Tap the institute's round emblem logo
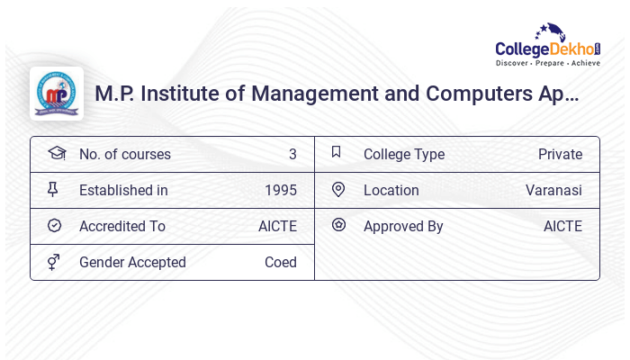57,94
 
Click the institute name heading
337,94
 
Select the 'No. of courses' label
124,154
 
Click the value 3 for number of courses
292,154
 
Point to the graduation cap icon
56,153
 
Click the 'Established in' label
123,190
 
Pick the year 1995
280,190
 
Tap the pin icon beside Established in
54,189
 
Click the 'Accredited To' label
121,226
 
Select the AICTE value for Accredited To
277,226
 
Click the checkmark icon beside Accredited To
54,225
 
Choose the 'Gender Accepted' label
132,262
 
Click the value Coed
280,262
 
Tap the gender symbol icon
54,261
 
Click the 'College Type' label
403,154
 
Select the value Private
560,154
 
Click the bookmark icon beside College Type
337,152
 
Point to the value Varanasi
553,190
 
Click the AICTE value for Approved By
562,226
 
